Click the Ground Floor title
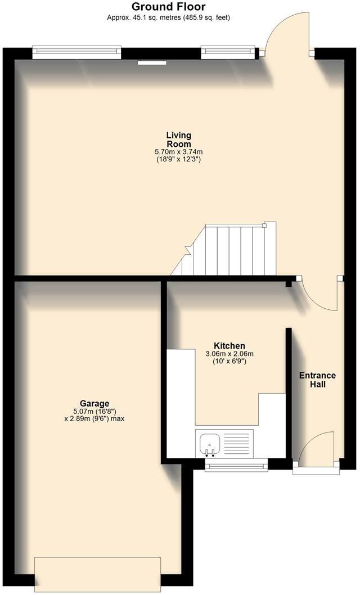coord(168,7)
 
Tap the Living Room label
coord(178,139)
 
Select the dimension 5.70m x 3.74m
coord(178,152)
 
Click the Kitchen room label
coord(229,345)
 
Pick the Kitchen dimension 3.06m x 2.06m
coord(229,354)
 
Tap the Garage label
coord(94,403)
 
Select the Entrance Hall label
coord(317,380)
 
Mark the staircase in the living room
coord(231,250)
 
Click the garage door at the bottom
coord(98,573)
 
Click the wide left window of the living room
coord(77,53)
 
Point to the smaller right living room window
coord(228,53)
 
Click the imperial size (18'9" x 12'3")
coord(178,159)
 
